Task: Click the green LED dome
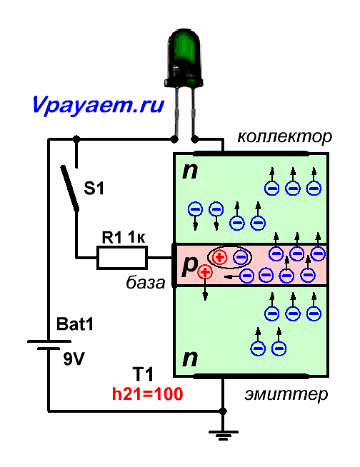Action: click(x=184, y=56)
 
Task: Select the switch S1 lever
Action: click(x=70, y=189)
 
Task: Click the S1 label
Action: click(x=94, y=189)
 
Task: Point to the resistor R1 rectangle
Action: click(x=122, y=257)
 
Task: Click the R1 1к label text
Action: click(x=124, y=237)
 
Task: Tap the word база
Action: click(x=146, y=282)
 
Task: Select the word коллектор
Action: click(x=284, y=136)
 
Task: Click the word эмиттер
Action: click(x=286, y=394)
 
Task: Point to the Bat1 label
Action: click(x=75, y=324)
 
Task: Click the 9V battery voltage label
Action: click(x=74, y=359)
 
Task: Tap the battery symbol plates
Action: click(x=49, y=345)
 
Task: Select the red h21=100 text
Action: click(x=148, y=394)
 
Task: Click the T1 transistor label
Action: click(x=143, y=374)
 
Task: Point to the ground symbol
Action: click(x=223, y=435)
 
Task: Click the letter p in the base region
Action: click(x=189, y=266)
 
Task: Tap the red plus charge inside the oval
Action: click(x=219, y=257)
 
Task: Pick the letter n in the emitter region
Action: click(x=190, y=358)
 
